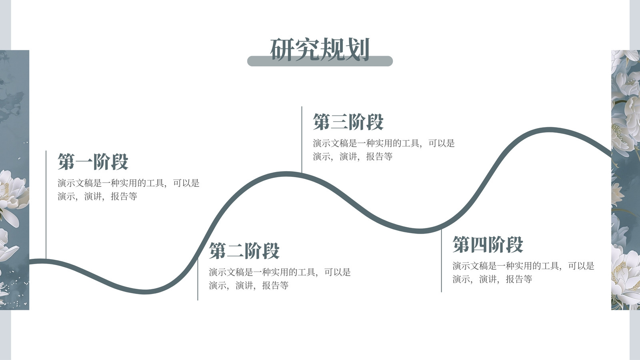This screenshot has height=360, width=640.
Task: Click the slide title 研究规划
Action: (320, 50)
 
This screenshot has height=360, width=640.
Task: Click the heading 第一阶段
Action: (93, 162)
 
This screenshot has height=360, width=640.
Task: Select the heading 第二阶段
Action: (244, 251)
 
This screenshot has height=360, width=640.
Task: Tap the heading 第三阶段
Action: (348, 122)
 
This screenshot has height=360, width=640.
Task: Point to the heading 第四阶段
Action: (488, 244)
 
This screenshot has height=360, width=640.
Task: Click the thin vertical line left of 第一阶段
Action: (46, 205)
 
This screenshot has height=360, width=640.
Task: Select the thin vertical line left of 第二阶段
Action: (198, 280)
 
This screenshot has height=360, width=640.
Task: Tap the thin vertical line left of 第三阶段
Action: (302, 140)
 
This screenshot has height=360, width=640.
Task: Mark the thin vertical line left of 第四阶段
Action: (442, 260)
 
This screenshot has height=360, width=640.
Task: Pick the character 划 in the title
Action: (358, 50)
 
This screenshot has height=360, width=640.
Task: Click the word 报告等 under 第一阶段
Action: (124, 196)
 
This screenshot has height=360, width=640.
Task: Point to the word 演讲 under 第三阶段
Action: (348, 156)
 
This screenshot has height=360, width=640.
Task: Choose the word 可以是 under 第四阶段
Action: (581, 266)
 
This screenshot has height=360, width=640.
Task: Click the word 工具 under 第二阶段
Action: (306, 272)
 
